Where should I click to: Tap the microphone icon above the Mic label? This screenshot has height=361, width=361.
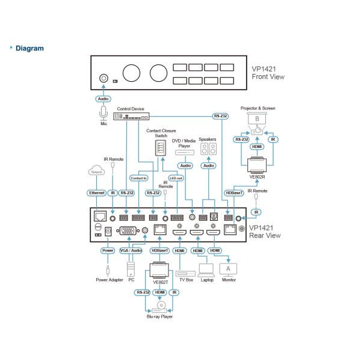click(103, 112)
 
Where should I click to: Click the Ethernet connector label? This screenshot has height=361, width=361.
click(96, 193)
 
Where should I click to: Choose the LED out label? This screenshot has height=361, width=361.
click(176, 178)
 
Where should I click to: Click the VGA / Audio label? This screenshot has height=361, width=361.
click(131, 250)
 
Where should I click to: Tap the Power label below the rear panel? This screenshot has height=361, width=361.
click(108, 250)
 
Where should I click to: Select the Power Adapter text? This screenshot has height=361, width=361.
click(109, 279)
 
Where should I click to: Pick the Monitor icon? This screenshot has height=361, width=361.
click(228, 268)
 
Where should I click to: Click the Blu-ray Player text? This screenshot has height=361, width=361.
click(160, 316)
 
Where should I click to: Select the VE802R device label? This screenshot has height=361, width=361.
click(258, 177)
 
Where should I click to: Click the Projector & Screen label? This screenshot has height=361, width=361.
click(258, 108)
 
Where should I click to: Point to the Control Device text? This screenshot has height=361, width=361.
click(131, 109)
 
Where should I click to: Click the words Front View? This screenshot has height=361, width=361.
click(268, 77)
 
